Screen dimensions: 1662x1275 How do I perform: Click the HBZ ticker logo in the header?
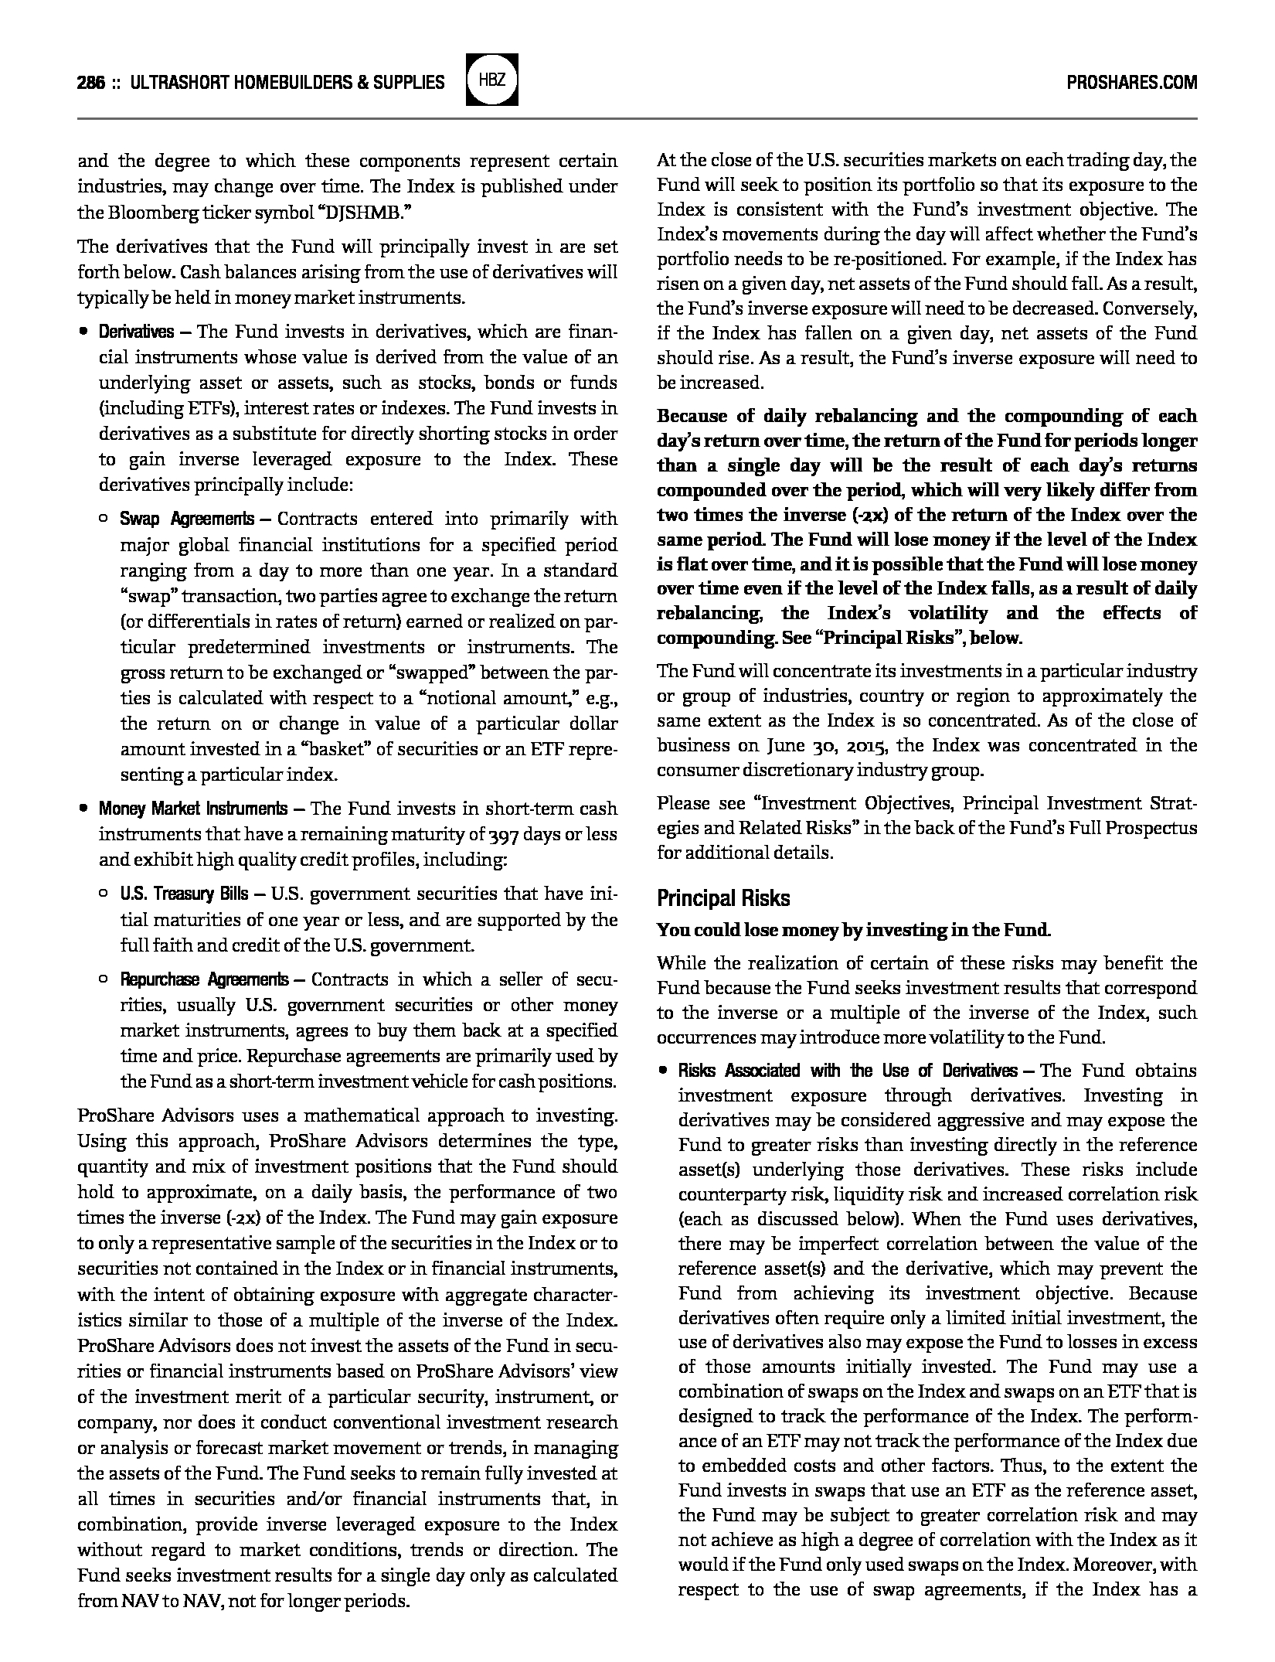(492, 80)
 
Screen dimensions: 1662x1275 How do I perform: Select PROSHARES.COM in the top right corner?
(1131, 82)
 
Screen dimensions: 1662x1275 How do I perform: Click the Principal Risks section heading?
(723, 898)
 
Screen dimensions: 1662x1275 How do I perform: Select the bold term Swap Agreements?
(186, 519)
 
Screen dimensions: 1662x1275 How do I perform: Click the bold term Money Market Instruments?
(192, 809)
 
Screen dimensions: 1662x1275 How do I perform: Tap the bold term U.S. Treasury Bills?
(184, 894)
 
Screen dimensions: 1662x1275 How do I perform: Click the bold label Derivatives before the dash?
(136, 332)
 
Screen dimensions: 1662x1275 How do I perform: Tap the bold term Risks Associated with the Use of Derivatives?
(847, 1071)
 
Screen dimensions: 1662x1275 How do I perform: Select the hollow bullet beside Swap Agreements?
(104, 519)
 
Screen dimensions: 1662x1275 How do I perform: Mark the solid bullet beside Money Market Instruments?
(83, 809)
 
